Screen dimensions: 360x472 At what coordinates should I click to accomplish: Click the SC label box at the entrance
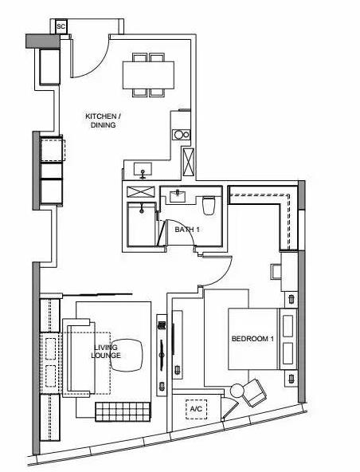click(61, 26)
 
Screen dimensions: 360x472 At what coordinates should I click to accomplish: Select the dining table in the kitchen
click(148, 75)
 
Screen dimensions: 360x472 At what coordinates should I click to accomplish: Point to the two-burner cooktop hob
click(182, 134)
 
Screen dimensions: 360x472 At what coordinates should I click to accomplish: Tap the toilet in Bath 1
click(209, 205)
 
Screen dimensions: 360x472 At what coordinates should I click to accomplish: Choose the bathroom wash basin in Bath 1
click(178, 196)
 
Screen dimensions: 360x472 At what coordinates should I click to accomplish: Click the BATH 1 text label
click(187, 230)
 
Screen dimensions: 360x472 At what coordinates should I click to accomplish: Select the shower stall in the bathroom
click(142, 224)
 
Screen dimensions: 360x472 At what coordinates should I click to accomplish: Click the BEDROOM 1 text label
click(252, 339)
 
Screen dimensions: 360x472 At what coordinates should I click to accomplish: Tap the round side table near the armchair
click(237, 391)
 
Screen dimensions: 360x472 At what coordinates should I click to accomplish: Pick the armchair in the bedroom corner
click(254, 392)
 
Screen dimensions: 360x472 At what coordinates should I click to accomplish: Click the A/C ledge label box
click(196, 409)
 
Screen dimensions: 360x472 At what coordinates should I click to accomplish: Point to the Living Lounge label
click(106, 352)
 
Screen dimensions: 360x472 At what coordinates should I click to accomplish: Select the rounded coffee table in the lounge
click(127, 356)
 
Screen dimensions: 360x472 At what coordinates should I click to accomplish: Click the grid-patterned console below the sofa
click(123, 411)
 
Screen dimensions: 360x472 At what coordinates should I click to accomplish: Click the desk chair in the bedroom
click(276, 272)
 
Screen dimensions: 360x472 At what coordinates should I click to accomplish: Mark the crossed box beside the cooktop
click(188, 162)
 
